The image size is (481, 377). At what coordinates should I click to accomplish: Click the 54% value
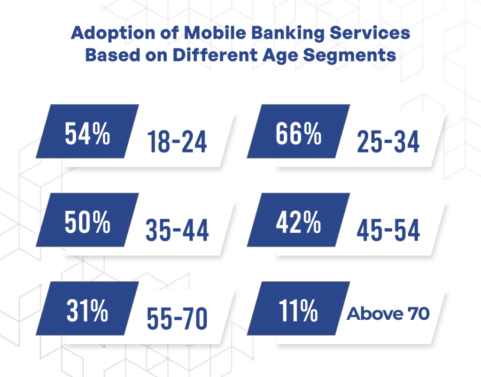[87, 133]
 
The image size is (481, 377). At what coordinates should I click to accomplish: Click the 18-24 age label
[177, 141]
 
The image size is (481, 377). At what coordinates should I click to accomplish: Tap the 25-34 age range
[388, 141]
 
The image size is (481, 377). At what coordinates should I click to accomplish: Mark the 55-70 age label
[177, 319]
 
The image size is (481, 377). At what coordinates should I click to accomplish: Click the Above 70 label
[388, 314]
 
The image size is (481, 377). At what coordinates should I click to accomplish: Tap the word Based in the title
[108, 55]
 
